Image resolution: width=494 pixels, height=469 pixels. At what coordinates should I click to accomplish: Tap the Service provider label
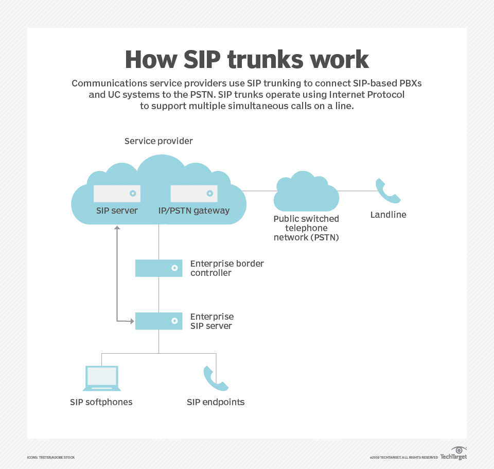tap(158, 141)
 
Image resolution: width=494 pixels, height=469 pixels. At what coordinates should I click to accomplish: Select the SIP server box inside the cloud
tap(117, 194)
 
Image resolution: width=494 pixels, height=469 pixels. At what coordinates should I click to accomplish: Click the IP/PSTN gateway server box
tap(194, 194)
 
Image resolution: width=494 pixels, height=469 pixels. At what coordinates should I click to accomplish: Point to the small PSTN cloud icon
tap(306, 193)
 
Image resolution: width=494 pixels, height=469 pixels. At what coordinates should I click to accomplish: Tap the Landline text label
tap(388, 215)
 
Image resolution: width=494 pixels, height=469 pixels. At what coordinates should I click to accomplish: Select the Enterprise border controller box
tap(158, 268)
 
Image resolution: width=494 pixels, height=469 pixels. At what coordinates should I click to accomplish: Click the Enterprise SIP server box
tap(158, 321)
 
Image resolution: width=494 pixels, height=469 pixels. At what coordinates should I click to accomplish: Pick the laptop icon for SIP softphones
tap(101, 379)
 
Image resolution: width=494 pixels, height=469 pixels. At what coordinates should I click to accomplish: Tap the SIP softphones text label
tap(101, 402)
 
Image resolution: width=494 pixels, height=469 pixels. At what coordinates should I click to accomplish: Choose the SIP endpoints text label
tap(216, 402)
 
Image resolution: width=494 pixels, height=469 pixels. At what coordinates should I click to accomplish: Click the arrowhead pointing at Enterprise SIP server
tap(131, 321)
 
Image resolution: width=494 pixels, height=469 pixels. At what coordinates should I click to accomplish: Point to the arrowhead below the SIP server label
tap(117, 227)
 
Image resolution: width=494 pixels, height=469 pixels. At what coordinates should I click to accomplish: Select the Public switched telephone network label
tap(306, 228)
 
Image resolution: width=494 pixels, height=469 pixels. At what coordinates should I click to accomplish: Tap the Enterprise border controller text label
tap(227, 268)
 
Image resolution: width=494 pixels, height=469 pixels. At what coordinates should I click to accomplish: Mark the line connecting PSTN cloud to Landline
tap(355, 191)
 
